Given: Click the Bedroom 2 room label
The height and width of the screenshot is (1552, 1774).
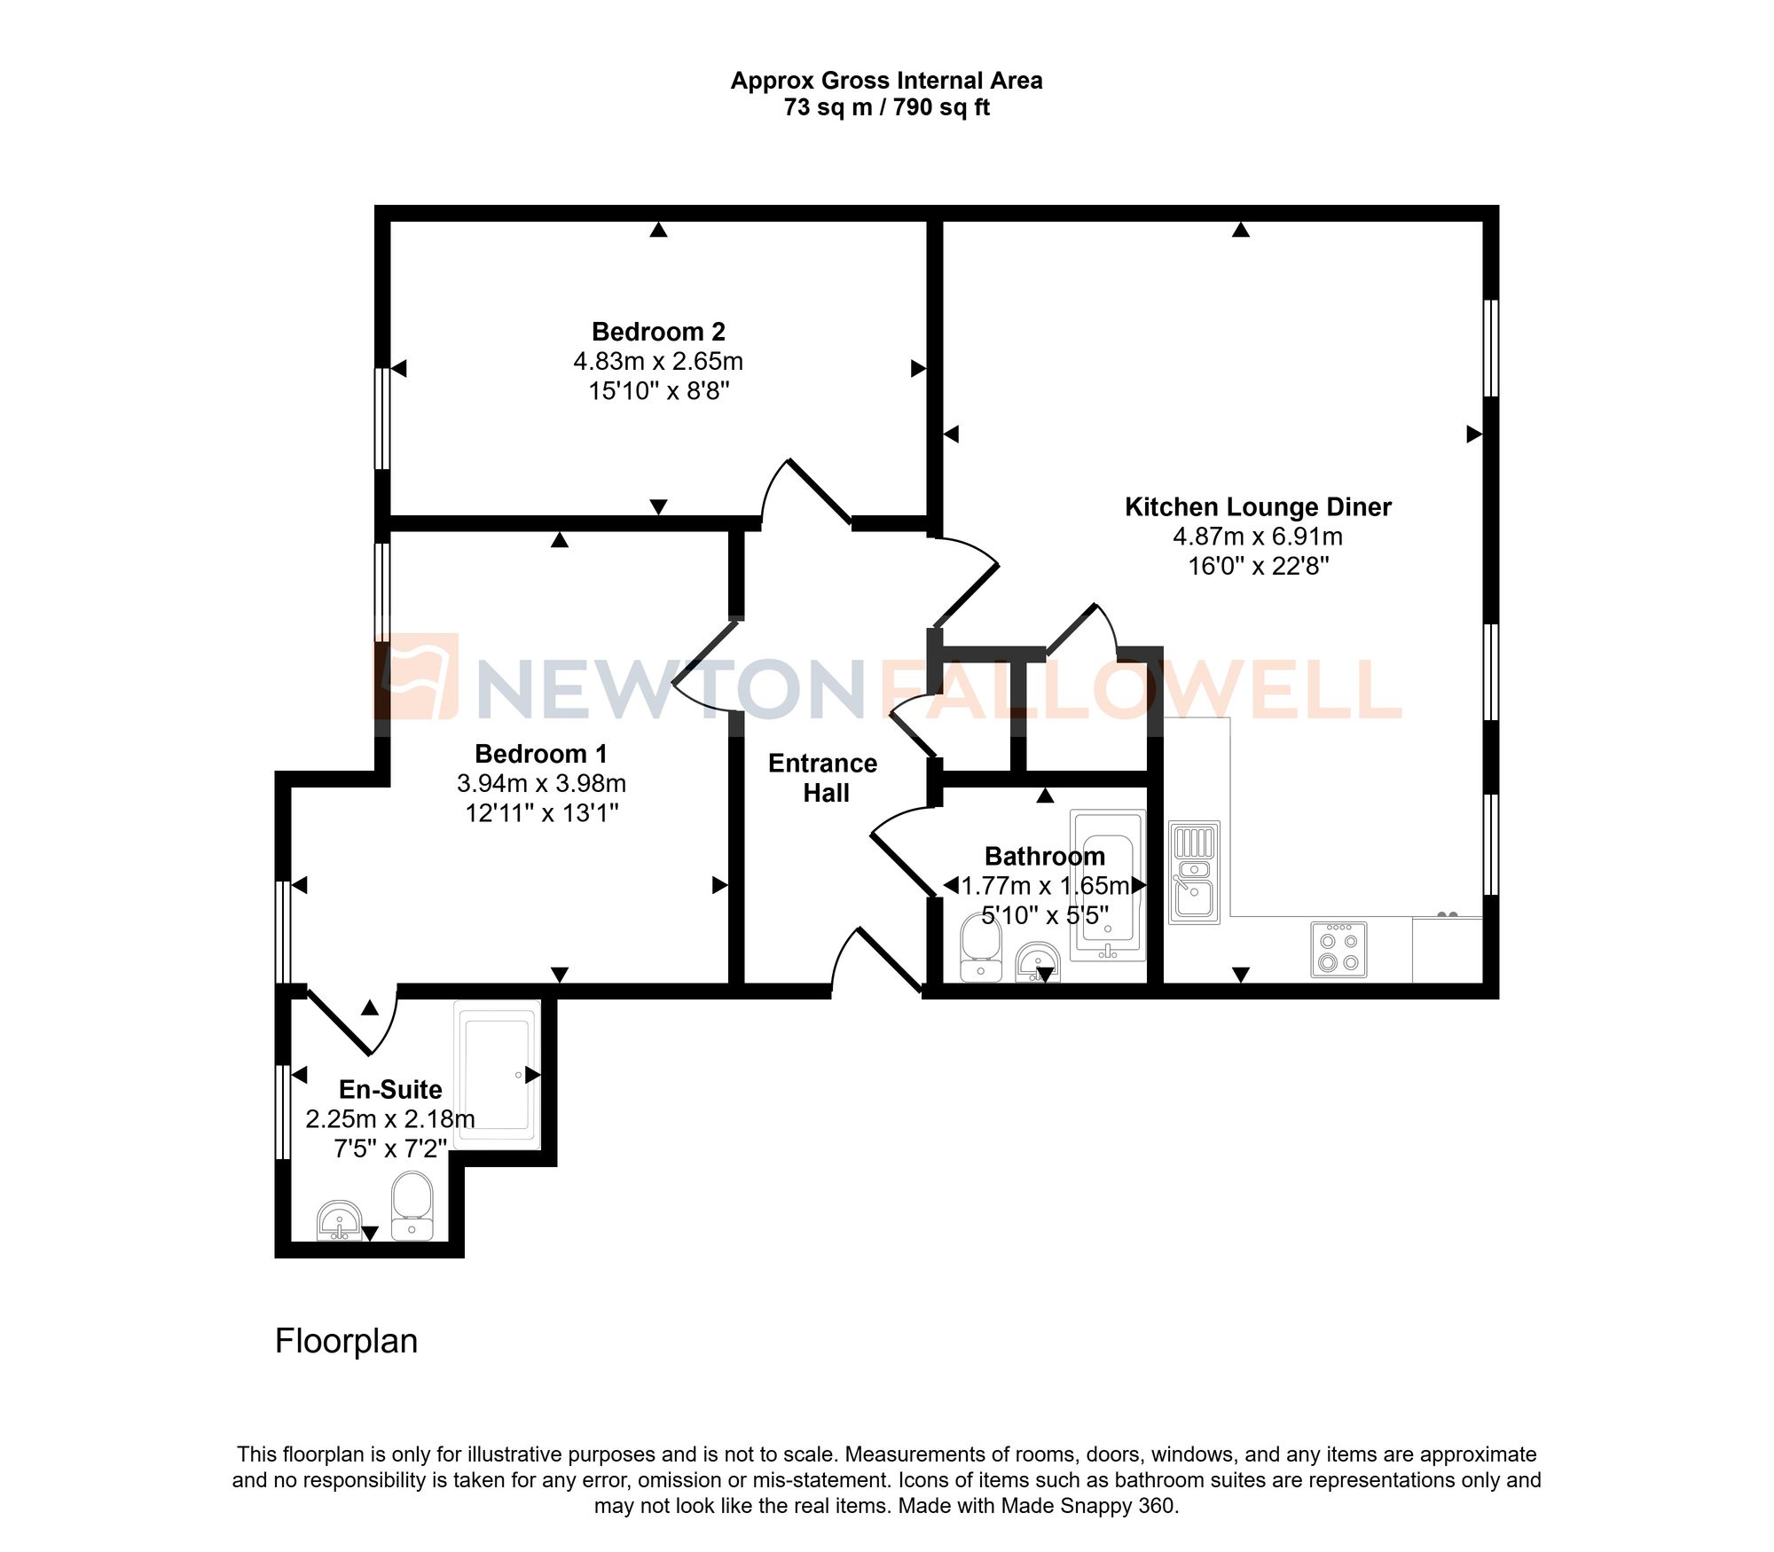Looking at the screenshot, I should tap(658, 332).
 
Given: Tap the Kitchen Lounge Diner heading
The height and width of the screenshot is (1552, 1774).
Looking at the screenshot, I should tap(1257, 507).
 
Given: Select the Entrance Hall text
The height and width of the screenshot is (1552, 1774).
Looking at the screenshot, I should tap(823, 778).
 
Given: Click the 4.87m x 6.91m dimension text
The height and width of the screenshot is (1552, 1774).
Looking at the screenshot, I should tap(1257, 537).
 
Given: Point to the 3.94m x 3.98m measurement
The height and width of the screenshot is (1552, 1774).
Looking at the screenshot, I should tap(541, 783).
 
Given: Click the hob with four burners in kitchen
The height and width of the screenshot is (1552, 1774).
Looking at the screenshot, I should tap(1338, 950).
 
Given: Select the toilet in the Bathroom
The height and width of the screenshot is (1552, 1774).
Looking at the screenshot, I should tap(980, 948).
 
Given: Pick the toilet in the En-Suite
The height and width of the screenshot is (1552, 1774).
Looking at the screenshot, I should tap(412, 1205).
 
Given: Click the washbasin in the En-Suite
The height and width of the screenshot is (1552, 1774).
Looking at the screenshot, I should tap(339, 1220).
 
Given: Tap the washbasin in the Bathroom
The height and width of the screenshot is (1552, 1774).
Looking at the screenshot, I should tap(1037, 961).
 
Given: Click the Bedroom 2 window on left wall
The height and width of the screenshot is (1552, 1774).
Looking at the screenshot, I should tap(382, 418).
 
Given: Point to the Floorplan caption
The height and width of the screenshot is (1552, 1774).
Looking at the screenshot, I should tap(346, 1341).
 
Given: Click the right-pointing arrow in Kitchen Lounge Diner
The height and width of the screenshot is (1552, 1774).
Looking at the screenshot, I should tap(1473, 435).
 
